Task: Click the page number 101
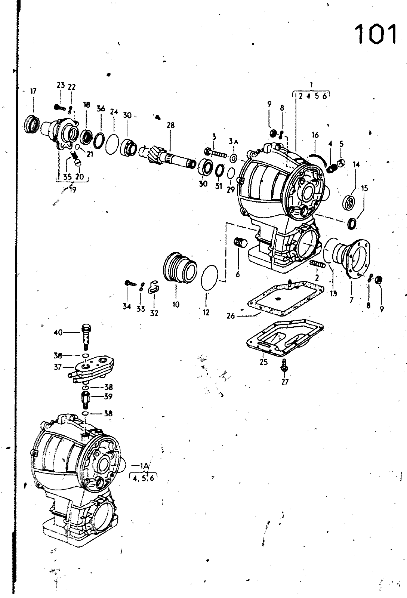coord(376,34)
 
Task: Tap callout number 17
coord(33,91)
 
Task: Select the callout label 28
coord(170,125)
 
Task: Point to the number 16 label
coord(315,135)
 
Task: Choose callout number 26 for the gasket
coord(231,316)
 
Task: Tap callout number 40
coord(58,333)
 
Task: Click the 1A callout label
coord(144,466)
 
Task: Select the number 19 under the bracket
coord(73,189)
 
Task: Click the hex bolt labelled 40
coord(86,337)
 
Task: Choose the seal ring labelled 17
coord(32,124)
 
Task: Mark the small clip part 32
coord(152,287)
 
